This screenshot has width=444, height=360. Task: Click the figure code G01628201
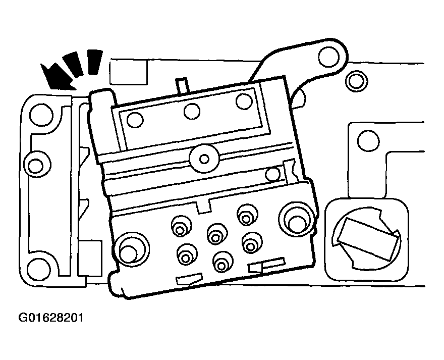coord(51,318)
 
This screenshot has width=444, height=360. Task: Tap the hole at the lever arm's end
coord(328,56)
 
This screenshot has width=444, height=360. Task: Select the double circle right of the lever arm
coord(357,81)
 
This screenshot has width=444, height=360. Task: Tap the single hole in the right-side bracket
coord(368,140)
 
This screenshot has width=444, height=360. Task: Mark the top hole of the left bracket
coord(41,115)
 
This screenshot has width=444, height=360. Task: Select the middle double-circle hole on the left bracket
coord(36,165)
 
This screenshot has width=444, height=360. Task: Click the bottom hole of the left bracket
coord(39,269)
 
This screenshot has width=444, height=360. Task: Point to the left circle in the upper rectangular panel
coord(135,120)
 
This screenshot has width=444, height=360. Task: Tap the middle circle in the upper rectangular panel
coord(192,112)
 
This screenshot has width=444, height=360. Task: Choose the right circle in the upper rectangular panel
coord(244,101)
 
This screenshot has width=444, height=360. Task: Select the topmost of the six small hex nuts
coord(247,216)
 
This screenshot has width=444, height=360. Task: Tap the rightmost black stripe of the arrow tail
coord(94,62)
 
